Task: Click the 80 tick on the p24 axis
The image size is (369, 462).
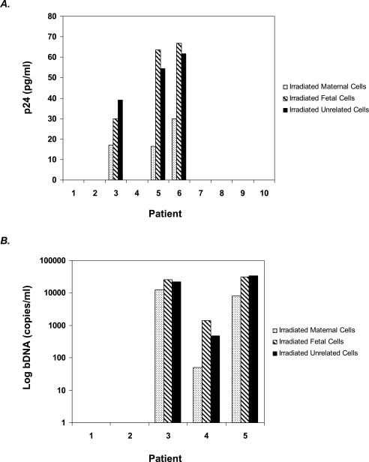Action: (52, 16)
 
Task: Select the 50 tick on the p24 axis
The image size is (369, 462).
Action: (52, 77)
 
